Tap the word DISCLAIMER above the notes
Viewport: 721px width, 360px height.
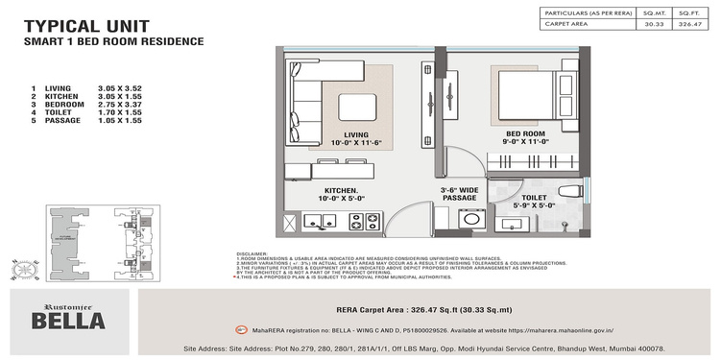point(254,255)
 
